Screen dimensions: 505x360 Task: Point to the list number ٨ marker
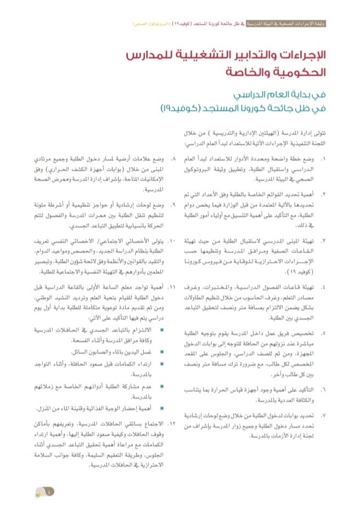pyautogui.click(x=173, y=159)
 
